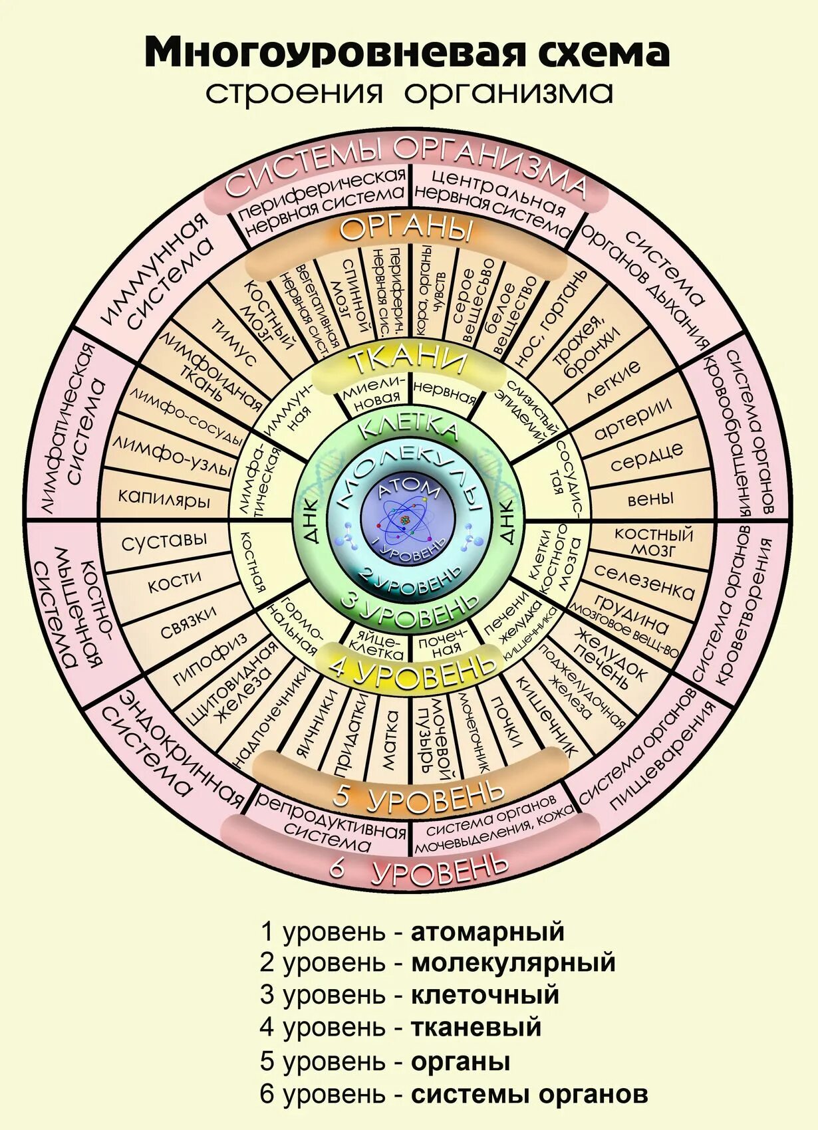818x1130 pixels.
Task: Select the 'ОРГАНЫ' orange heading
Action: [x=407, y=229]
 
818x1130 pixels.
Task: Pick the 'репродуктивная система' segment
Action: [x=331, y=822]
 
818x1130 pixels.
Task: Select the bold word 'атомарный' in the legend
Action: [x=487, y=932]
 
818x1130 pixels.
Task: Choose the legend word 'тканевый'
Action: [x=476, y=1027]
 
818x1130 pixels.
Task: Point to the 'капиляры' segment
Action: [x=164, y=497]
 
